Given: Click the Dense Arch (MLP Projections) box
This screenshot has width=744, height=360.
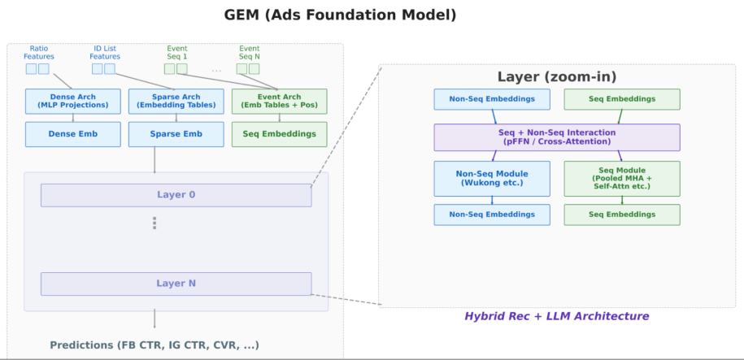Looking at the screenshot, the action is (73, 101).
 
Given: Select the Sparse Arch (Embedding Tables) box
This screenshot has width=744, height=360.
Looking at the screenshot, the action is (176, 101).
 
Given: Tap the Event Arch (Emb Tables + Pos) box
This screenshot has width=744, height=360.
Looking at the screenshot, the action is (280, 101).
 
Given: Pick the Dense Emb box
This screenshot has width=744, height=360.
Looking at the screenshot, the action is (73, 134).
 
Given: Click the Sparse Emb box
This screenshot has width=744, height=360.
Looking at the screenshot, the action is (176, 134).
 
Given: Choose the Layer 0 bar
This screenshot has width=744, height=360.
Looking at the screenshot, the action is (176, 195).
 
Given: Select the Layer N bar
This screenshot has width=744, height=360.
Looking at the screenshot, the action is (176, 284).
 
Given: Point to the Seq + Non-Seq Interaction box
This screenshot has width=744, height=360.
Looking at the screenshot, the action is (557, 137).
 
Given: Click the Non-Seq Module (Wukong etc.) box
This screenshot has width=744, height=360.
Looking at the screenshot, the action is (492, 178).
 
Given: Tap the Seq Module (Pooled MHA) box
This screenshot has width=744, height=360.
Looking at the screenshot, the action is (622, 178).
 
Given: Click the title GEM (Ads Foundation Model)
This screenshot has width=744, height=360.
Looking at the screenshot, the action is (340, 15).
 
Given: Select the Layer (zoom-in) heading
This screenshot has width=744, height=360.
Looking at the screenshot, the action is (557, 77).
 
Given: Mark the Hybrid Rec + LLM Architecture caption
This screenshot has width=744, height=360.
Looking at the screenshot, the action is (556, 316).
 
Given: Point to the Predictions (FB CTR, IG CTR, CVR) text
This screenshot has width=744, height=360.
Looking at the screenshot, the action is (154, 345).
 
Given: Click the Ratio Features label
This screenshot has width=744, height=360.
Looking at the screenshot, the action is (39, 52).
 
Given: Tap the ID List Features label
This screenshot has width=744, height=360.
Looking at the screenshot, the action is (105, 52).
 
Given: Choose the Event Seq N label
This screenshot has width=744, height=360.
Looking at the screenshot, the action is (249, 52).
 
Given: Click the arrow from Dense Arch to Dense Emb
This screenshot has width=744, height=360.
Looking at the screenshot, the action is (73, 118).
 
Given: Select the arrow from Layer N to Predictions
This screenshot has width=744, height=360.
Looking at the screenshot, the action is (154, 319).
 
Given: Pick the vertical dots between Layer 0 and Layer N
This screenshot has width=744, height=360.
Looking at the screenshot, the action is (154, 223).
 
